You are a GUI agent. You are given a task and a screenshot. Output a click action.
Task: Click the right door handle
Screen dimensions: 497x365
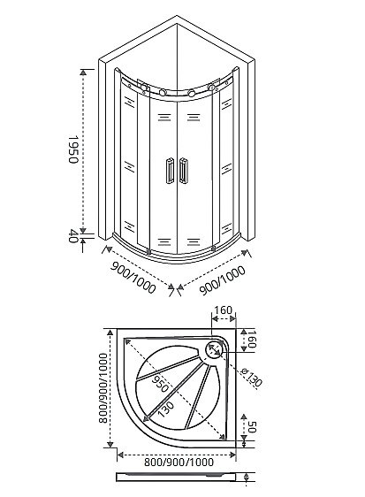[x=184, y=170]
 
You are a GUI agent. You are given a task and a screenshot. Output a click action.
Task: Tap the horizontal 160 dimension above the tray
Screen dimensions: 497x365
[x=224, y=311]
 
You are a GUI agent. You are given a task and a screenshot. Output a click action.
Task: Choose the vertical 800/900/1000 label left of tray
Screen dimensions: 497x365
[x=103, y=390]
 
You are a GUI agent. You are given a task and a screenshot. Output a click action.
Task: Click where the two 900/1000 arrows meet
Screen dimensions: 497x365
[x=180, y=286]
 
